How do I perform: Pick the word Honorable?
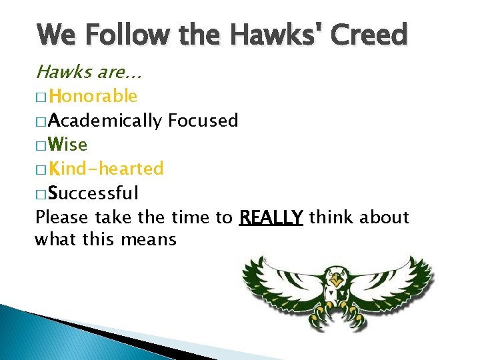[93, 97]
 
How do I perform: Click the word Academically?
[105, 121]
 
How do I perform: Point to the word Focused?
[203, 121]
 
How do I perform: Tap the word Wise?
[68, 145]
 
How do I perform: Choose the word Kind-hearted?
[107, 169]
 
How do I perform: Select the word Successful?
[94, 193]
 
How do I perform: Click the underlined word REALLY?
[271, 217]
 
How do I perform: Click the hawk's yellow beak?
[337, 283]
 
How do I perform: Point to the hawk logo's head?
[337, 277]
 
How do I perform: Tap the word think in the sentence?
[332, 217]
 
